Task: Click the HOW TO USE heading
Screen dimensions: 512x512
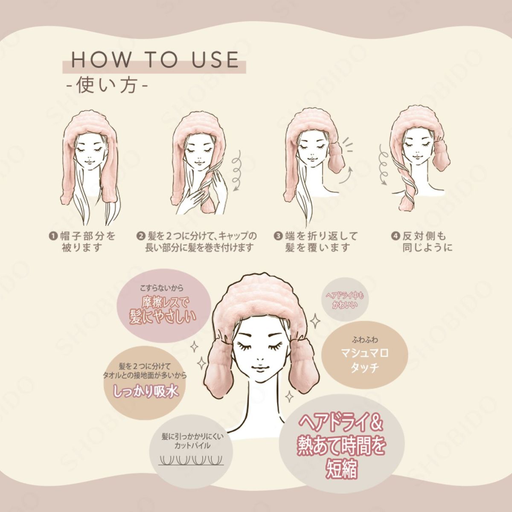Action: [x=154, y=59]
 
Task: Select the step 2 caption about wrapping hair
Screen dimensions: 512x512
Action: [x=197, y=241]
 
